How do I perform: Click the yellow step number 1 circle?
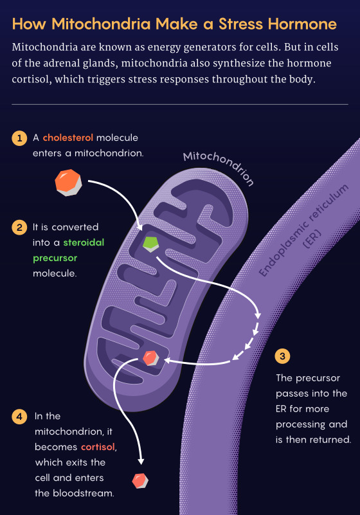(x=19, y=138)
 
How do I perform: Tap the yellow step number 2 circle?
(x=19, y=228)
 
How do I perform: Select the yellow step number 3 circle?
(x=282, y=356)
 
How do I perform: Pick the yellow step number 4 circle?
(x=19, y=417)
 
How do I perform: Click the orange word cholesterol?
(x=68, y=138)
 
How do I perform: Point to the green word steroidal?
(x=84, y=242)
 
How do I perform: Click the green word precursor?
(x=55, y=258)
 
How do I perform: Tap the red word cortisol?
(x=98, y=447)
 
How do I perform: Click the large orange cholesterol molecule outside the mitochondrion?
(x=68, y=183)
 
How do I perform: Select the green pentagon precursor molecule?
(x=151, y=244)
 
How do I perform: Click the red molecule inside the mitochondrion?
(x=151, y=358)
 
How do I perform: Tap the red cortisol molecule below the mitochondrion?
(x=140, y=481)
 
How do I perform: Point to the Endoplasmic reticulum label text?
(x=303, y=230)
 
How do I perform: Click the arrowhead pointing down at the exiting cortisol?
(x=141, y=462)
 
